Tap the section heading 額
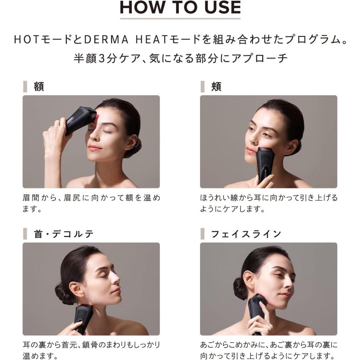[39, 87]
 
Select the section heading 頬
[216, 87]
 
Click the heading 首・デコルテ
[64, 234]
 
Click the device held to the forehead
[80, 119]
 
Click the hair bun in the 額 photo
[134, 148]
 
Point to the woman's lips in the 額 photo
[95, 148]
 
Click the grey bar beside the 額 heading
[25, 87]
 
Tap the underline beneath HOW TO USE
[180, 18]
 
